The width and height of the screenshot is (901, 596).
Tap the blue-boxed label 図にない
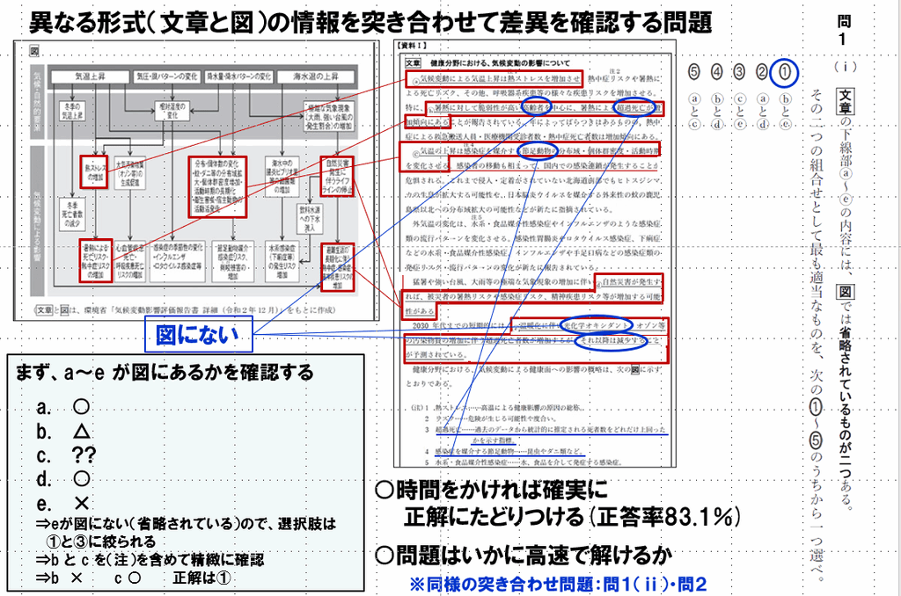pos(200,335)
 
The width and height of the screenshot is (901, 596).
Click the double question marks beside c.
pos(84,455)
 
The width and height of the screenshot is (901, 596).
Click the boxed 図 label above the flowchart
pos(35,52)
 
